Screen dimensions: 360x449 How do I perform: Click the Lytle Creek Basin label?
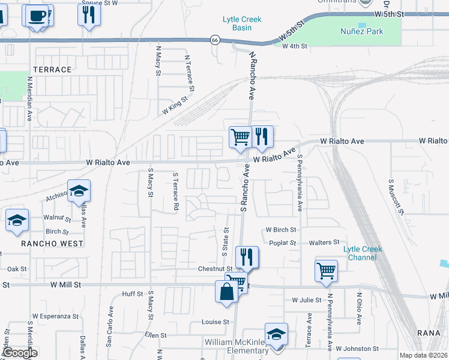(242, 23)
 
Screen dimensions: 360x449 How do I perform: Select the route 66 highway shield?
(214, 40)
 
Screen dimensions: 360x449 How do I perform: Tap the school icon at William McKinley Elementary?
(276, 334)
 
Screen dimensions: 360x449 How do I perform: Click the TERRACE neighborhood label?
(52, 70)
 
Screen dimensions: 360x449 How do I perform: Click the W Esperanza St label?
(55, 316)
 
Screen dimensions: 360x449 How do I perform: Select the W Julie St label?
(307, 299)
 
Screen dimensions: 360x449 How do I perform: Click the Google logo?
(20, 352)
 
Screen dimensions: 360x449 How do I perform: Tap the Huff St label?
(132, 294)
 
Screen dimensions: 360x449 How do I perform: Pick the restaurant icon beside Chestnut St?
(247, 257)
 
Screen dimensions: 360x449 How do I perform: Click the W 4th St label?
(294, 46)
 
